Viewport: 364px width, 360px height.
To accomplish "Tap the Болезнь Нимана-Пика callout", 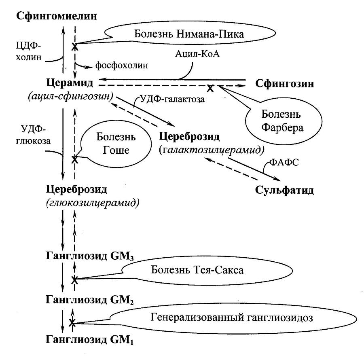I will [x=189, y=34].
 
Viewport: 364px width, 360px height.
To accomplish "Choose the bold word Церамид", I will [x=70, y=83].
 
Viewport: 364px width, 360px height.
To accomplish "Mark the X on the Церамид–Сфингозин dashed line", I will [x=210, y=87].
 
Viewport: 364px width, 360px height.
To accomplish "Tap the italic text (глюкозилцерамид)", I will [x=93, y=203].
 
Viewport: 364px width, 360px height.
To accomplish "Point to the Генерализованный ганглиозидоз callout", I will [x=232, y=318].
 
